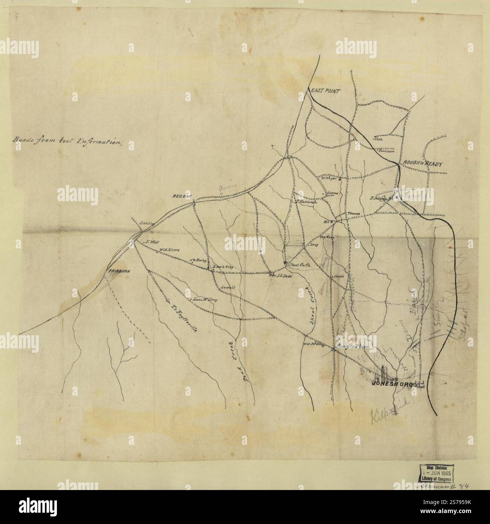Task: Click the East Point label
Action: click(x=325, y=91)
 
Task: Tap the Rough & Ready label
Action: click(x=421, y=163)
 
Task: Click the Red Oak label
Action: click(x=182, y=196)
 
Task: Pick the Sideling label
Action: click(x=147, y=223)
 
